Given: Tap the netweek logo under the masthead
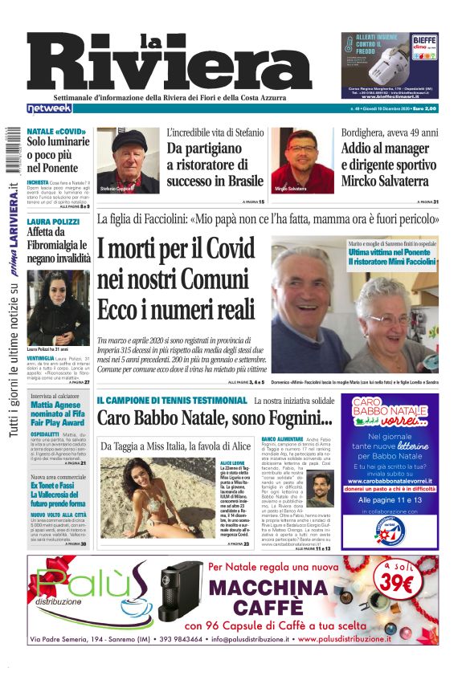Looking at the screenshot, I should click(x=50, y=108).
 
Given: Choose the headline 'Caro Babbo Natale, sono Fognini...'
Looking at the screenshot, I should click(x=215, y=417).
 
